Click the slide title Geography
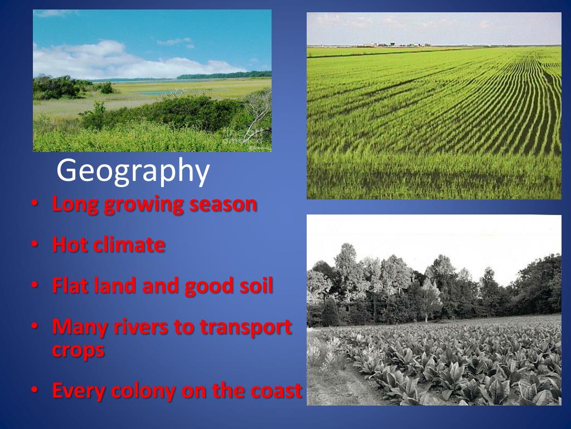click(x=133, y=171)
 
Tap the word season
click(x=223, y=204)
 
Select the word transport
click(x=246, y=328)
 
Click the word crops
click(x=78, y=351)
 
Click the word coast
click(x=274, y=391)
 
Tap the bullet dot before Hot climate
click(x=35, y=245)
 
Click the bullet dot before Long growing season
click(x=35, y=204)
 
